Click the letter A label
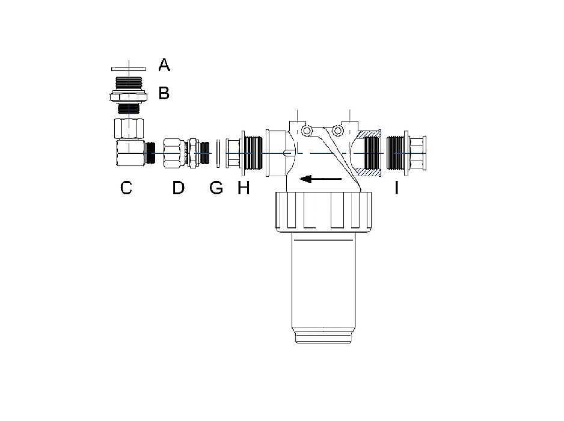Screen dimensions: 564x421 (164, 65)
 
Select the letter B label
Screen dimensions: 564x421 (164, 93)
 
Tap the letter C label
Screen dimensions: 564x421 (126, 188)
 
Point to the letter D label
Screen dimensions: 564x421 (179, 188)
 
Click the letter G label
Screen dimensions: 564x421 (216, 188)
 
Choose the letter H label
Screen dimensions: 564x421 (244, 188)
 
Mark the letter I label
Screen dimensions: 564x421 (397, 188)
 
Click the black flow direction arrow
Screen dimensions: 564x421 (320, 179)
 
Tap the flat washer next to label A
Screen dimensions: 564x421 (129, 69)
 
